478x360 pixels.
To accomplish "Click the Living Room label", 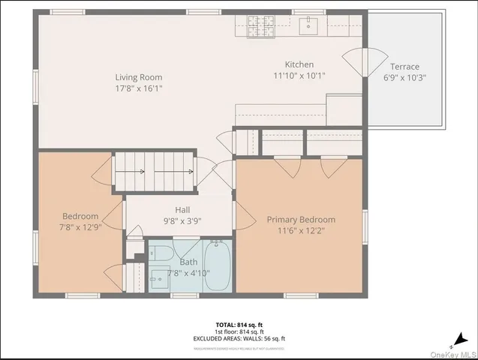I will pos(138,77).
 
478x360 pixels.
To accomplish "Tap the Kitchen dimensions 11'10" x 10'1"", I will pos(299,76).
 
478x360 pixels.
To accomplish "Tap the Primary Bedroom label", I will pos(301,220).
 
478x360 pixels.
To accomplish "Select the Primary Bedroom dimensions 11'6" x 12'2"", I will pos(301,231).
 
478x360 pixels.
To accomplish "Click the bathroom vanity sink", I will pos(158,280).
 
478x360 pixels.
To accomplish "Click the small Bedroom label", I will pos(80,215).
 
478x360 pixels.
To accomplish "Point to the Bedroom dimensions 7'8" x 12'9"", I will pos(80,226).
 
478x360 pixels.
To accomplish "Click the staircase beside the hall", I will pos(153,172).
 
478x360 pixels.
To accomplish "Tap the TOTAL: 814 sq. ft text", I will pos(239,325).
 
